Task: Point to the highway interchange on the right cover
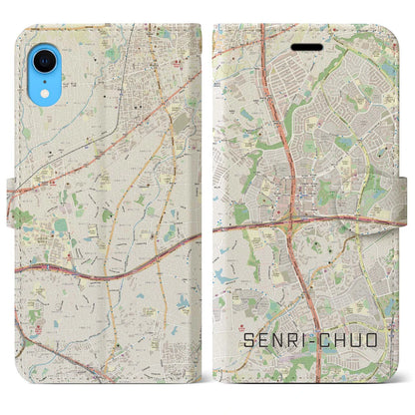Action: (x=297, y=215)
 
